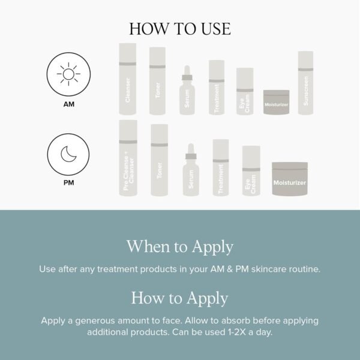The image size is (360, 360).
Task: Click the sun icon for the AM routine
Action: [68, 76]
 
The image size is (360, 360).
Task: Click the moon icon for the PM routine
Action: [68, 154]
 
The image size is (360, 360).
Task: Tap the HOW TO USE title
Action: [180, 29]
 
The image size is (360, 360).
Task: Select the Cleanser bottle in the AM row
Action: [127, 79]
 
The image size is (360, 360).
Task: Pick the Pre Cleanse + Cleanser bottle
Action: [128, 158]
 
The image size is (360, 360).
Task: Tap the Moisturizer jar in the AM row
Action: [276, 102]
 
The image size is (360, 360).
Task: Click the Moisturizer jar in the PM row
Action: [290, 179]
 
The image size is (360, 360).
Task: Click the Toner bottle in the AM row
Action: [157, 81]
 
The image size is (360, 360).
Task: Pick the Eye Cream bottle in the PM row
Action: [251, 170]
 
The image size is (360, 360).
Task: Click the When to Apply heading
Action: [180, 247]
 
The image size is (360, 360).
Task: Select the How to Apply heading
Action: [180, 298]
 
